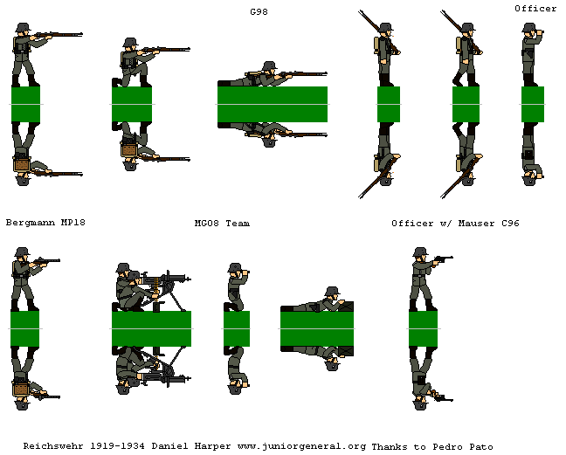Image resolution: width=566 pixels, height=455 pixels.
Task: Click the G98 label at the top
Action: [x=259, y=12]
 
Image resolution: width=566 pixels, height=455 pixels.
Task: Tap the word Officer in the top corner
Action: [x=535, y=9]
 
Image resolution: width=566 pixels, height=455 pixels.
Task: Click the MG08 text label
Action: [x=207, y=224]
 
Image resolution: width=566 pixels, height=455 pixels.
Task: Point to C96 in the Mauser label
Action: [x=510, y=224]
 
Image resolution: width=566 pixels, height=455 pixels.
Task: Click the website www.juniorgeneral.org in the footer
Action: [x=301, y=446]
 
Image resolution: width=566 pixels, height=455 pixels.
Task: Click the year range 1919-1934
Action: [x=117, y=446]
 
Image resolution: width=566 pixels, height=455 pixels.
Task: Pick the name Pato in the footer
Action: [x=481, y=446]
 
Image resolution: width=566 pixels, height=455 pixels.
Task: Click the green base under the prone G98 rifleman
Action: [x=273, y=104]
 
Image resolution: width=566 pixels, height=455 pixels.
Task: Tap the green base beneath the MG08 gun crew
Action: [x=152, y=328]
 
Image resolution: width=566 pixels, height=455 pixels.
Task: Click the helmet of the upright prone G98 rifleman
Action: [x=269, y=66]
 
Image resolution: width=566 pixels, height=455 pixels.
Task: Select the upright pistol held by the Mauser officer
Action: [x=444, y=259]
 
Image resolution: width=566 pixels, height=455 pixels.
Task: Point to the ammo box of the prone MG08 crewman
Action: [x=345, y=307]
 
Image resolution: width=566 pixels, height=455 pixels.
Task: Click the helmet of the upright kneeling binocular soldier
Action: [x=235, y=267]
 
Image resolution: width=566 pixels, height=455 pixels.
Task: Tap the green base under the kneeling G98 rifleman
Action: [x=132, y=104]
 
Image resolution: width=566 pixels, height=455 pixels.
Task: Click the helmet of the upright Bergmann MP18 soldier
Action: [x=22, y=252]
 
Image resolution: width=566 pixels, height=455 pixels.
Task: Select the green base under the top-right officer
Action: [x=533, y=104]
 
